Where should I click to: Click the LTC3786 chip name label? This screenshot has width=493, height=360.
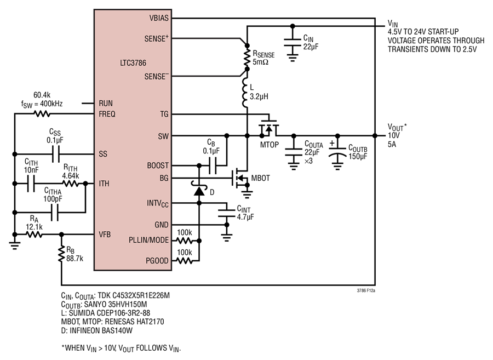[x=133, y=63]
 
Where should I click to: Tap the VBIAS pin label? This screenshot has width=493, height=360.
[x=159, y=18]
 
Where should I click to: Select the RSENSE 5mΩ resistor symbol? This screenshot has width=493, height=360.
[x=247, y=57]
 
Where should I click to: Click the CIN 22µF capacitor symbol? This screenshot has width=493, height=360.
[x=293, y=43]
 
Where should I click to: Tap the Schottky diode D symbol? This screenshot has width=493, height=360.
[x=199, y=188]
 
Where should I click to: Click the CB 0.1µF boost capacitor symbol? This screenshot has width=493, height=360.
[x=213, y=165]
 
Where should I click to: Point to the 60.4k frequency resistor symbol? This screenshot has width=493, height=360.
[x=42, y=113]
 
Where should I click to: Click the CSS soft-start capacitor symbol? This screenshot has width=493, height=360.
[x=55, y=154]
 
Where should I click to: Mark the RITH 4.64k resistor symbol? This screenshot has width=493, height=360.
[x=71, y=184]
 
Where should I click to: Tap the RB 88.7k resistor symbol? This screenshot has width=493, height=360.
[x=61, y=254]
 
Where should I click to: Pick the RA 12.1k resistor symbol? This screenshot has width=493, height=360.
[x=34, y=234]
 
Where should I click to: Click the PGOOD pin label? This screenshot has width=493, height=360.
[x=157, y=261]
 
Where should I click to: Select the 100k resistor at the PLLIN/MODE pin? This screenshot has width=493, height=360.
[x=185, y=241]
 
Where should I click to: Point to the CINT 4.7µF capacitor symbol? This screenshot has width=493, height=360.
[x=226, y=213]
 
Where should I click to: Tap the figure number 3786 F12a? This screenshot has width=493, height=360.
[x=366, y=290]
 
